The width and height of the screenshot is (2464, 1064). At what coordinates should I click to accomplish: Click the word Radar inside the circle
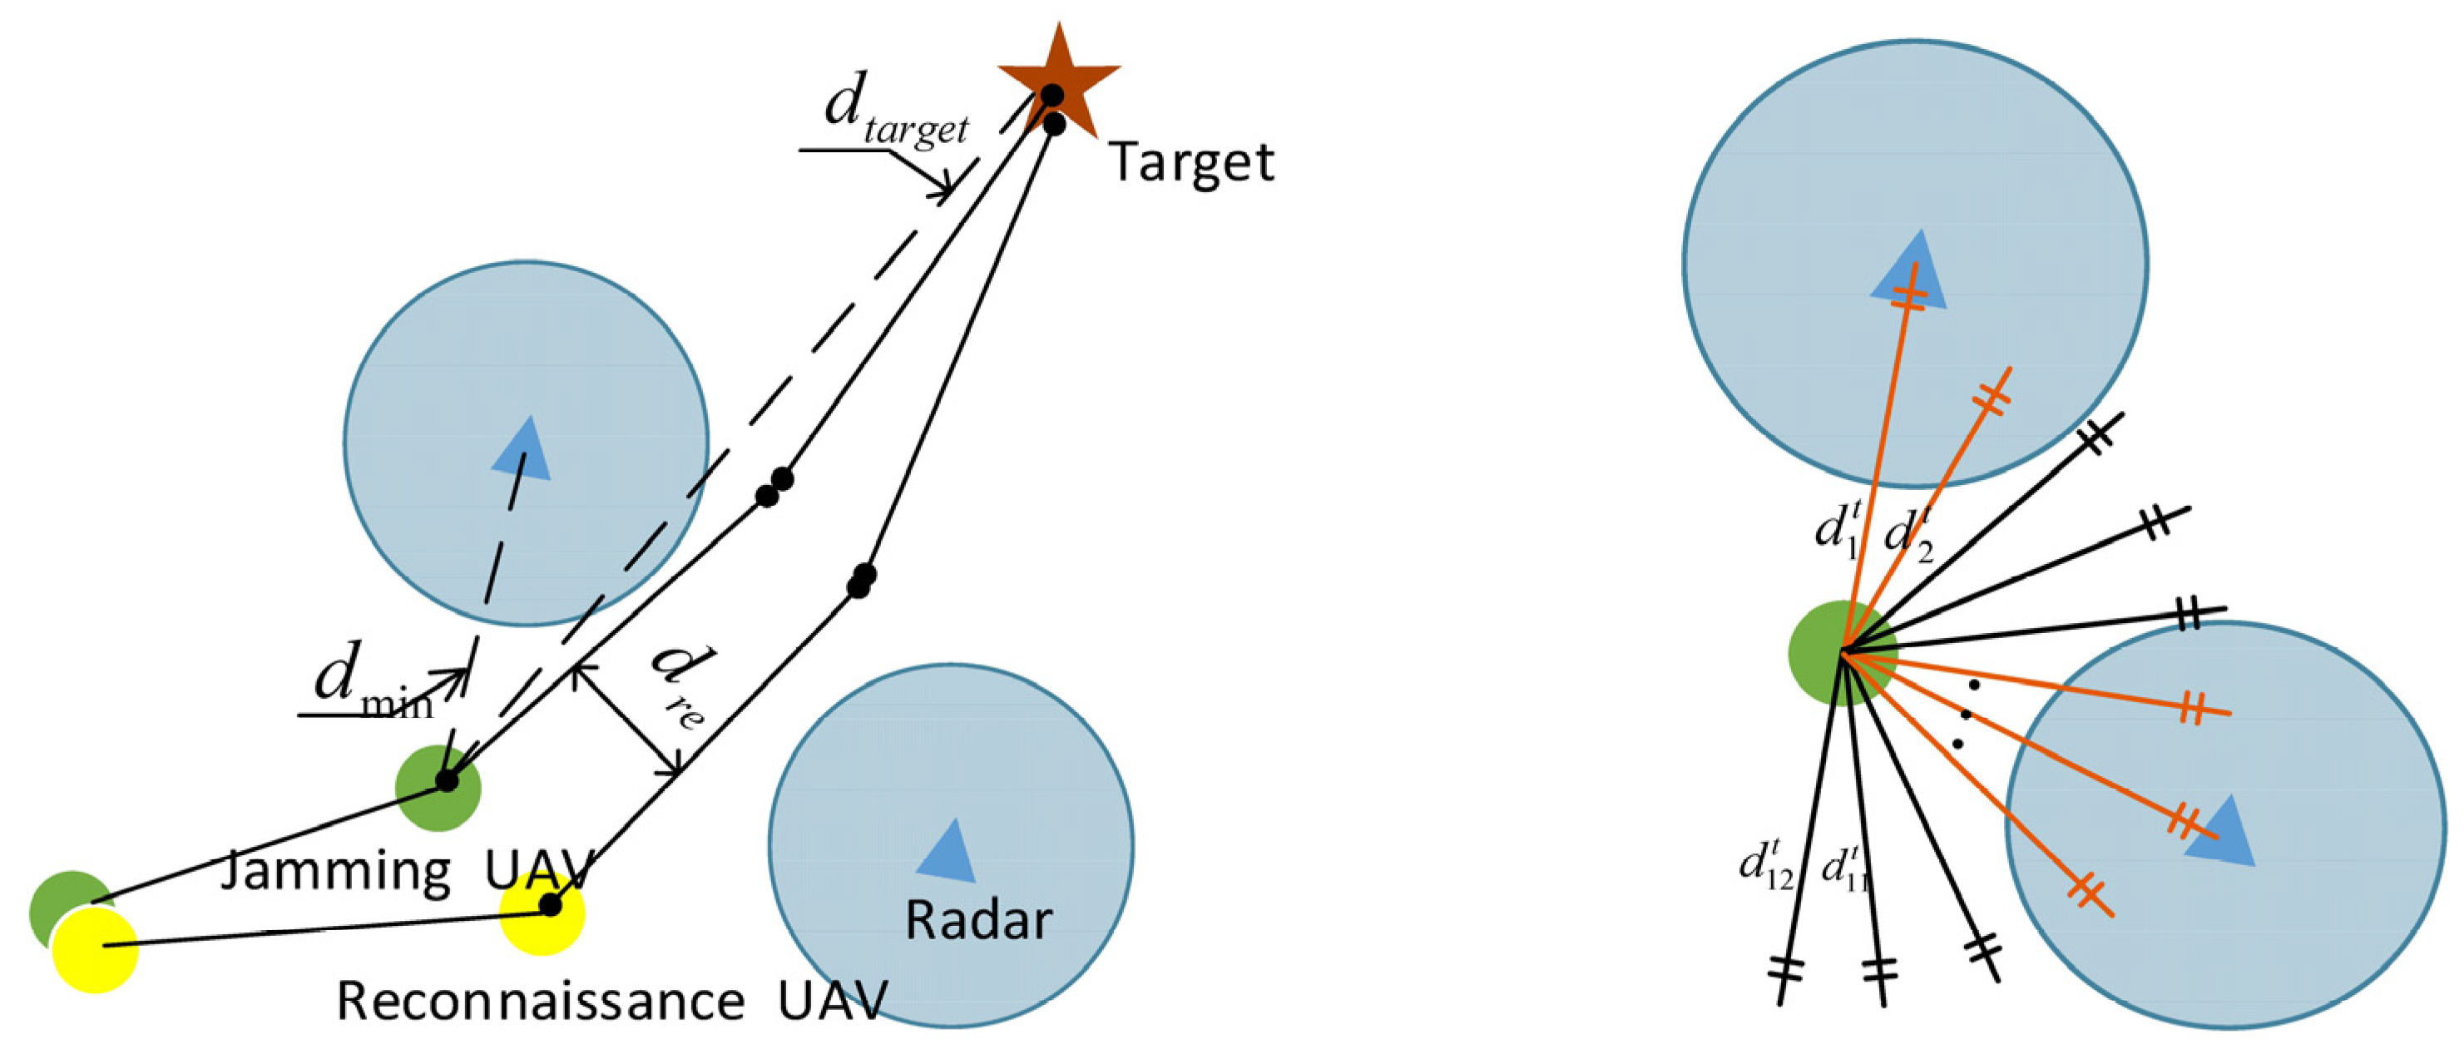pos(977,920)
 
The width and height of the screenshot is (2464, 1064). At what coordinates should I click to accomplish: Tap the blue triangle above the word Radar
pos(947,851)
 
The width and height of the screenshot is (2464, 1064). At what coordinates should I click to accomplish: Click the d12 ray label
pos(1764,866)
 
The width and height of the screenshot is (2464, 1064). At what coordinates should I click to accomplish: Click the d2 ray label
pos(1907,536)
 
